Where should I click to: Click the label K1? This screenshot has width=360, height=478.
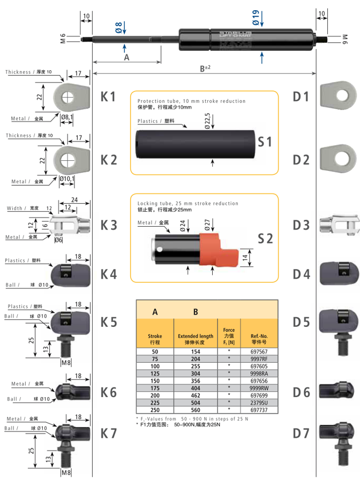[x=108, y=97]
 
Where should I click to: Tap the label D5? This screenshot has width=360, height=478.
[x=301, y=323]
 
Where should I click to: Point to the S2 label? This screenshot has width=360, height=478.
[x=265, y=238]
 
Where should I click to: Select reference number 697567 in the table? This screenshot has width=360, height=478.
[x=259, y=352]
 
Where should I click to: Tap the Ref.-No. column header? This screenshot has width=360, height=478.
[x=259, y=338]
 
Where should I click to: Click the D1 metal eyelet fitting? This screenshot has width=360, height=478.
[x=337, y=95]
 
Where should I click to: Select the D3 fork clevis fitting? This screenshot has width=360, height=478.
[x=337, y=225]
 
